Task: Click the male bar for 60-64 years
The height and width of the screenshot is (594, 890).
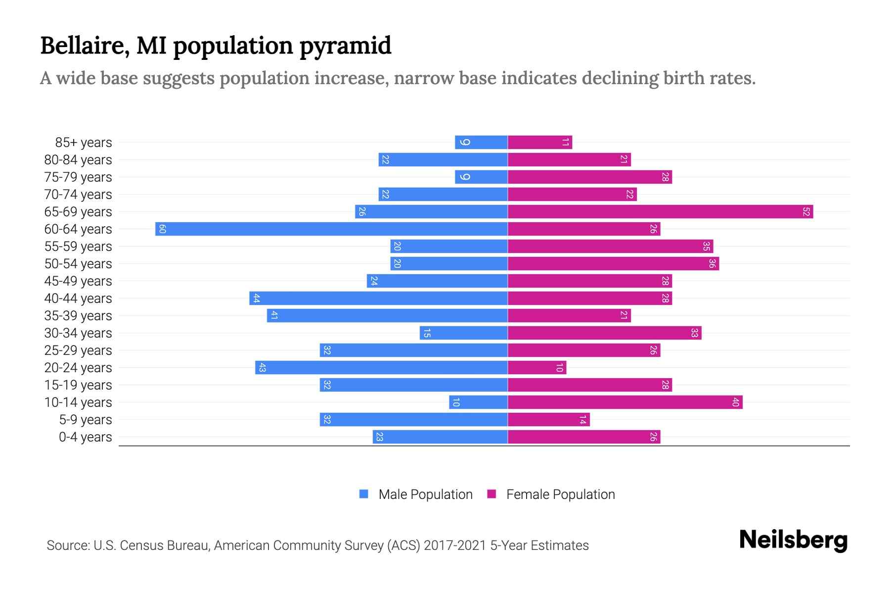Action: pyautogui.click(x=331, y=229)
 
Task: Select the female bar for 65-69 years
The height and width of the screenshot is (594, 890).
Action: pyautogui.click(x=660, y=211)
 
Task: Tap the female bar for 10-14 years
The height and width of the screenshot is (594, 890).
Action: pyautogui.click(x=625, y=402)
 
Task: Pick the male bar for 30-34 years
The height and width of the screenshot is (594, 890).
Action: pyautogui.click(x=464, y=333)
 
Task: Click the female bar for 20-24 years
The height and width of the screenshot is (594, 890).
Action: pyautogui.click(x=537, y=367)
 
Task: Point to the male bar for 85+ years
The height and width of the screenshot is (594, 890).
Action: pyautogui.click(x=481, y=142)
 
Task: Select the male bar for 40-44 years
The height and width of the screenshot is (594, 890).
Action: pyautogui.click(x=378, y=298)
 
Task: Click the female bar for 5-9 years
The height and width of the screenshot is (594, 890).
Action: pyautogui.click(x=549, y=419)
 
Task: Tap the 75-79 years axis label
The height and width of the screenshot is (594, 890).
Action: pyautogui.click(x=78, y=177)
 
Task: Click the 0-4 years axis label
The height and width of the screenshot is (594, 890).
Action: pyautogui.click(x=85, y=437)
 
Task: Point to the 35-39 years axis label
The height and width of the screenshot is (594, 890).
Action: pyautogui.click(x=78, y=316)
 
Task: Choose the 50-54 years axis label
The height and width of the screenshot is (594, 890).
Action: pyautogui.click(x=78, y=264)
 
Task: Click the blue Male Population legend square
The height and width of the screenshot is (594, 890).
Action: pyautogui.click(x=364, y=494)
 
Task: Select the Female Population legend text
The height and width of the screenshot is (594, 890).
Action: pyautogui.click(x=560, y=495)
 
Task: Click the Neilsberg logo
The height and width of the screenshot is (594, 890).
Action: pyautogui.click(x=793, y=540)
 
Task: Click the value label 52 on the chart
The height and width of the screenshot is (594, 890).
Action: pyautogui.click(x=806, y=212)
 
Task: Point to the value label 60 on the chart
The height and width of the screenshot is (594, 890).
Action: pyautogui.click(x=162, y=229)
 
